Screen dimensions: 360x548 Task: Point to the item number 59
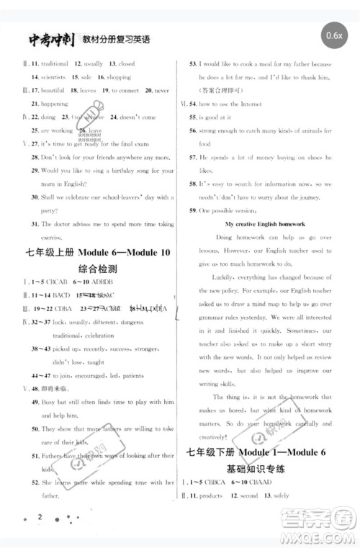(x=193, y=210)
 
